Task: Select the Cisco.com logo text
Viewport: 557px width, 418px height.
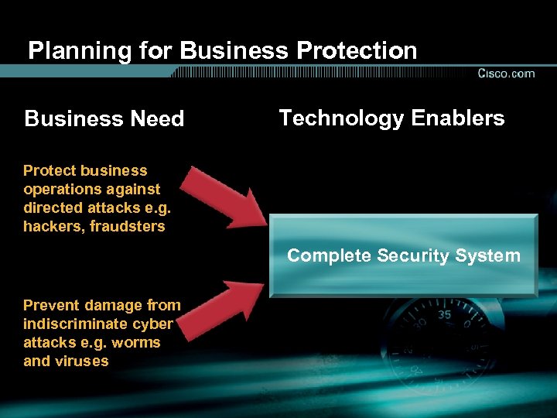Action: pos(506,74)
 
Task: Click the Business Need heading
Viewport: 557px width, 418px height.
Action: pos(104,119)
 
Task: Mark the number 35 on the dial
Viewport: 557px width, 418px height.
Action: pos(444,315)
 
